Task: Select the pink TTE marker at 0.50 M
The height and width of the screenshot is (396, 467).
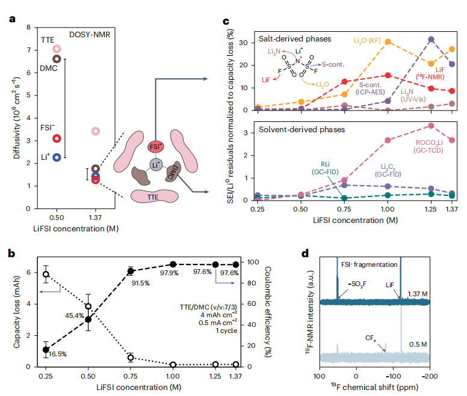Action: coord(57,49)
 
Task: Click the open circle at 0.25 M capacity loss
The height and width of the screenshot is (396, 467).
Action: coord(45,274)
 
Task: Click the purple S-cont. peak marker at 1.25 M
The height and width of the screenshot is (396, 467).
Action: coord(431,40)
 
